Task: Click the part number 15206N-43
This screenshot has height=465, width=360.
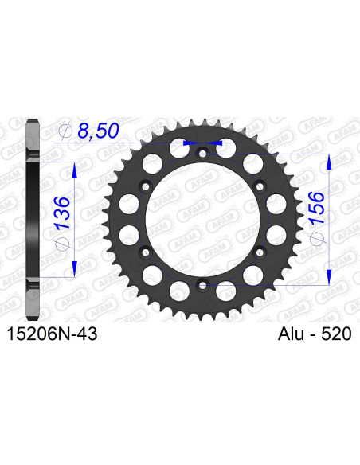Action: (x=53, y=336)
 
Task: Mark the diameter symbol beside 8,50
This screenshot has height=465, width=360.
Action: (x=66, y=131)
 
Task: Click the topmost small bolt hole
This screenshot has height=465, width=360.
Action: (x=203, y=152)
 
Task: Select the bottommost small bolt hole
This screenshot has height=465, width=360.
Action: (x=203, y=284)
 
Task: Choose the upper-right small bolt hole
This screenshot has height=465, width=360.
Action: (x=260, y=186)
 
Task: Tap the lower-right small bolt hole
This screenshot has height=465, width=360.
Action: (x=260, y=251)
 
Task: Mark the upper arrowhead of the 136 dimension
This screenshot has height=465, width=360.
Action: (x=75, y=170)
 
